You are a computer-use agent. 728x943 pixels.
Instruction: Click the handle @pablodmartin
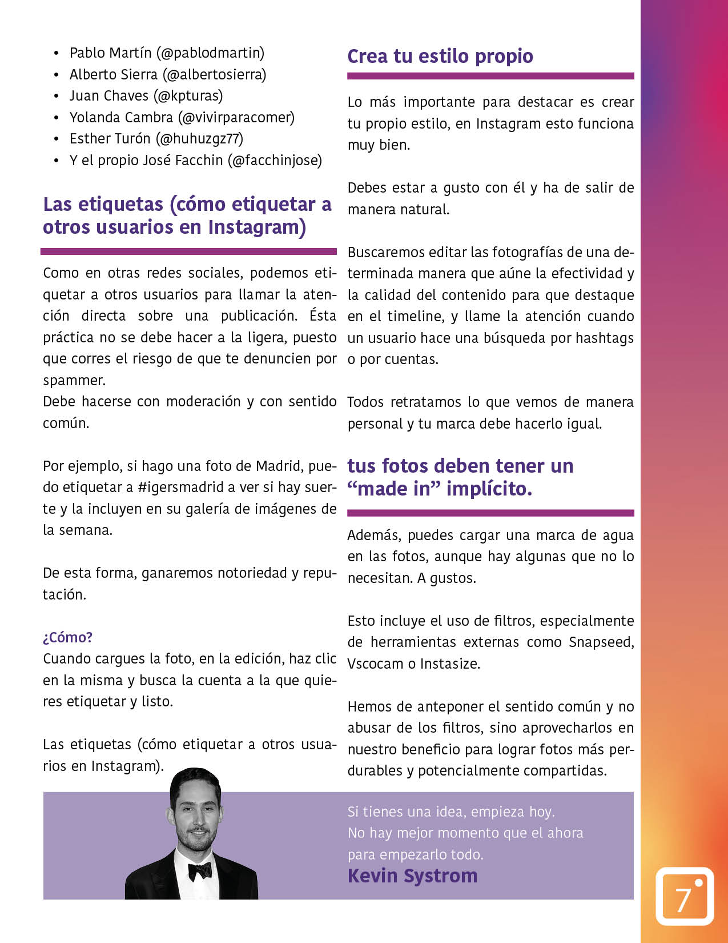pyautogui.click(x=212, y=53)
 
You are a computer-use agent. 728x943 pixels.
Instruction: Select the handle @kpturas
pyautogui.click(x=188, y=96)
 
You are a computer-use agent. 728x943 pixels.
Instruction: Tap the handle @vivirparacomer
pyautogui.click(x=236, y=118)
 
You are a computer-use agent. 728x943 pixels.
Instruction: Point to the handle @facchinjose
pyautogui.click(x=275, y=161)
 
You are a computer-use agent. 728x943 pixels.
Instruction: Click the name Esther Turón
pyautogui.click(x=110, y=139)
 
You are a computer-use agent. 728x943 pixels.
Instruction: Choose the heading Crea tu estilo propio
pyautogui.click(x=440, y=56)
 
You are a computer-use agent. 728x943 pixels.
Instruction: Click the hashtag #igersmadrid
pyautogui.click(x=181, y=488)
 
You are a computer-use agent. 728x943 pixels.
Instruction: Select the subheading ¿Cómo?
pyautogui.click(x=68, y=637)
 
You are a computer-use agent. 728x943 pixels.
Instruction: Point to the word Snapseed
pyautogui.click(x=601, y=642)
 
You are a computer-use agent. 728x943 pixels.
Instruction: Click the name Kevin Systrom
pyautogui.click(x=412, y=876)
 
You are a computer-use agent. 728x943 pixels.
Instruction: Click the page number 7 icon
pyautogui.click(x=684, y=896)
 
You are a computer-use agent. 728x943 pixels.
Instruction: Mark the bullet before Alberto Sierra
pyautogui.click(x=56, y=75)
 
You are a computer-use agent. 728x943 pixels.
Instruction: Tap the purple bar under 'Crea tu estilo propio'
pyautogui.click(x=490, y=76)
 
